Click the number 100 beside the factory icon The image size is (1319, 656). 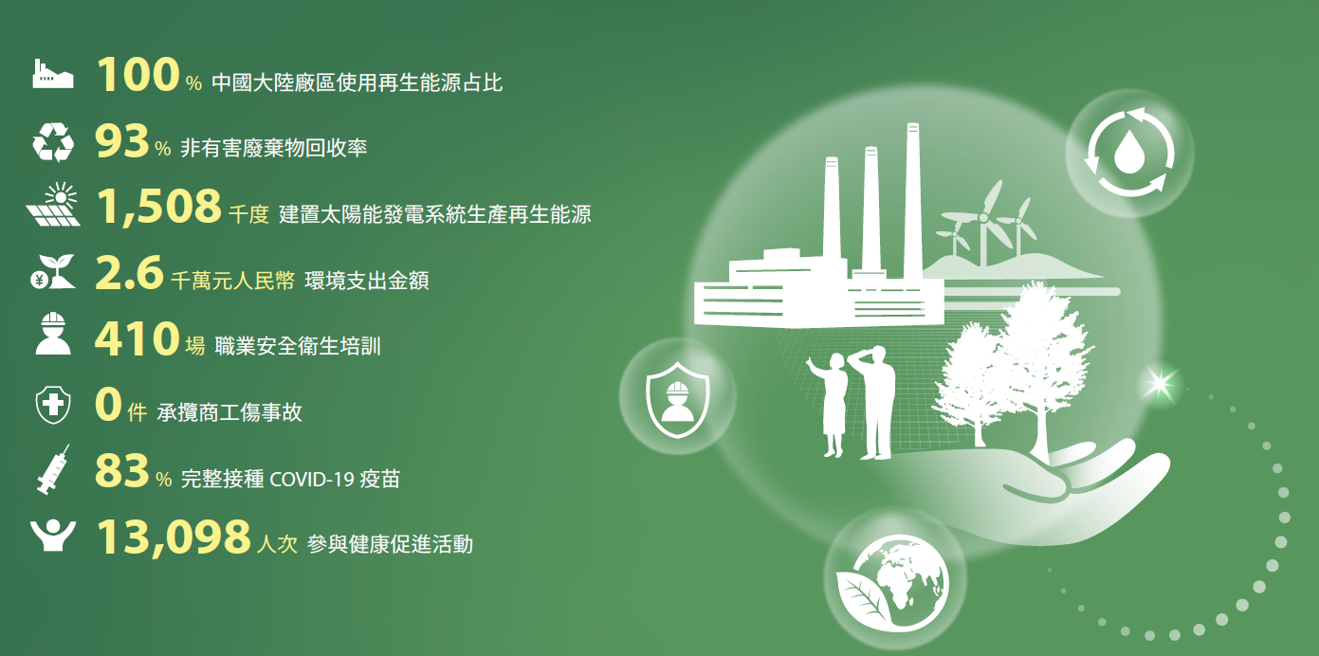pyautogui.click(x=137, y=75)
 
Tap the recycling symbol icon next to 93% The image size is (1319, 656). pyautogui.click(x=53, y=142)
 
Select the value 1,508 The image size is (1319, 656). pyautogui.click(x=159, y=208)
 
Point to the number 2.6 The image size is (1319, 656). pyautogui.click(x=129, y=273)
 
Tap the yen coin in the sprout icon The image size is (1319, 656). pyautogui.click(x=40, y=281)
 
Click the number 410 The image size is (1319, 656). pyautogui.click(x=137, y=339)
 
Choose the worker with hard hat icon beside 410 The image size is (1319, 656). pyautogui.click(x=53, y=334)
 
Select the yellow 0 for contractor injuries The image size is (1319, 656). pyautogui.click(x=108, y=405)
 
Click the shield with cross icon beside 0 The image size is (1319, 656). pyautogui.click(x=53, y=405)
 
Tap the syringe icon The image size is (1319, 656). pyautogui.click(x=53, y=469)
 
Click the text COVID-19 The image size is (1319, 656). pyautogui.click(x=311, y=480)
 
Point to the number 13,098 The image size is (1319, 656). pyautogui.click(x=174, y=538)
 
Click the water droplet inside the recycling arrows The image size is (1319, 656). pyautogui.click(x=1128, y=152)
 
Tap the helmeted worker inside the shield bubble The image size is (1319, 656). pyautogui.click(x=678, y=402)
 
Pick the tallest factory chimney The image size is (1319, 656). pyautogui.click(x=913, y=201)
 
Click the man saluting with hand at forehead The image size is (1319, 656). pyautogui.click(x=874, y=402)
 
